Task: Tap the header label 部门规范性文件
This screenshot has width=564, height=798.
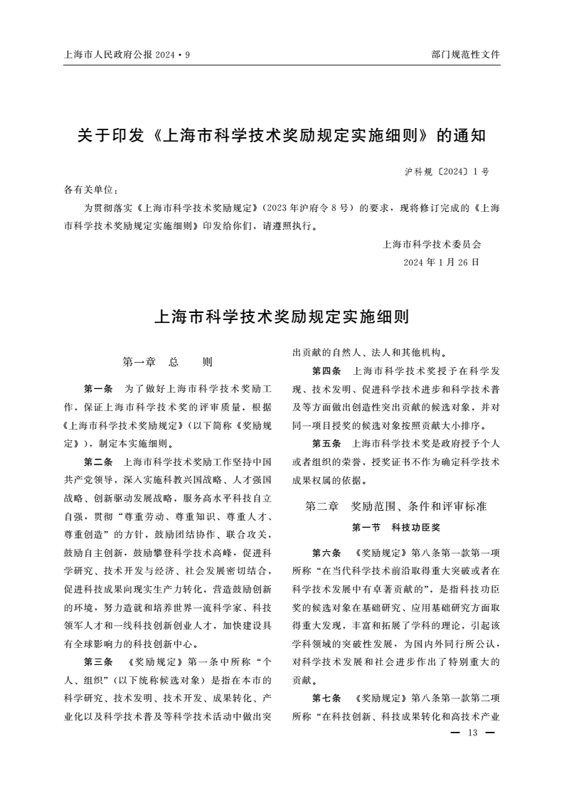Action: point(465,55)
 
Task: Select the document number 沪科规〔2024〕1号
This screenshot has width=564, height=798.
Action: point(447,172)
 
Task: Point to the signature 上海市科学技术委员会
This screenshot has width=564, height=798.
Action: point(432,244)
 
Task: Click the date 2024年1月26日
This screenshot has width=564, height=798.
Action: point(441,262)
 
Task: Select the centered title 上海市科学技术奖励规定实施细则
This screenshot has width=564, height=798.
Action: point(282,316)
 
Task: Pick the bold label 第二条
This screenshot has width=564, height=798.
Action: point(98,462)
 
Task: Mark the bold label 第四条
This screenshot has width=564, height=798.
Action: point(326,371)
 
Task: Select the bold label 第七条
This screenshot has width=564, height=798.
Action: point(326,698)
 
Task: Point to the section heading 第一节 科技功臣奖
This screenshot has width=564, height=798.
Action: point(395,528)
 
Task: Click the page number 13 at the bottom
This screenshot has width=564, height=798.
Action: point(472,733)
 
